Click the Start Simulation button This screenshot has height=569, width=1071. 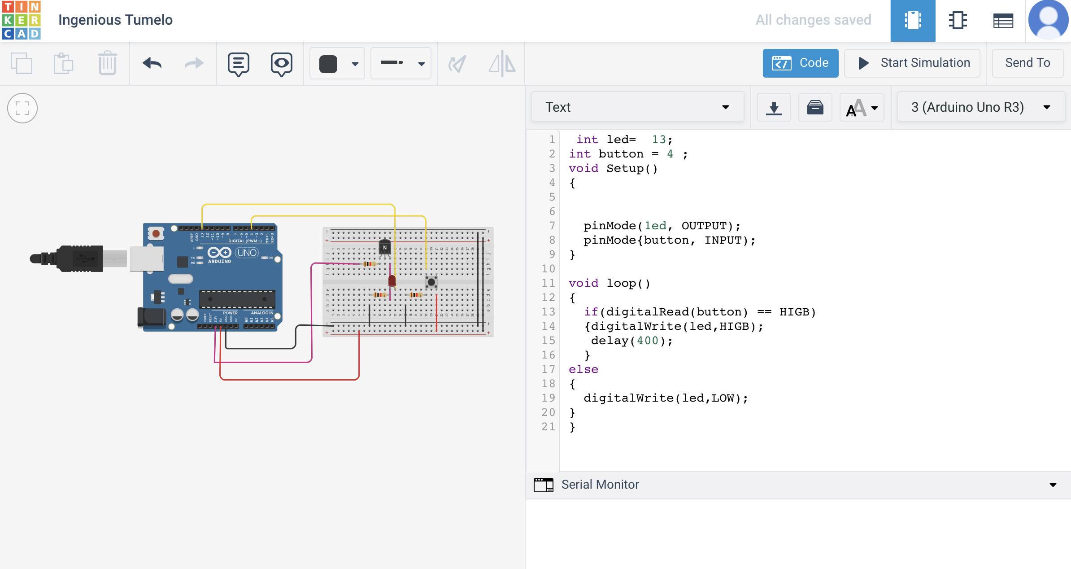(x=912, y=63)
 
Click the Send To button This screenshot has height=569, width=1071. (x=1027, y=63)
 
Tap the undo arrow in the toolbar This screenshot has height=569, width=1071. (x=152, y=63)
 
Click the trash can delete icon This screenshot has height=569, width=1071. (x=107, y=63)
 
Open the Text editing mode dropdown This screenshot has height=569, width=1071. (x=637, y=107)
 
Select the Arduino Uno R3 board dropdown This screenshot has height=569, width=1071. (x=980, y=107)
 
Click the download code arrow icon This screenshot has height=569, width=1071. (x=774, y=108)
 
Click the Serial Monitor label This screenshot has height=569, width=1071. (x=600, y=485)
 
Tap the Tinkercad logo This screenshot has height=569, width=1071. (x=21, y=20)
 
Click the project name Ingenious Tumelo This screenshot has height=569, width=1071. (x=115, y=20)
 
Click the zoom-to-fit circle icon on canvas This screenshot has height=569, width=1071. (x=22, y=108)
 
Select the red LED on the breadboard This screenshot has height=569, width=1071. (x=392, y=281)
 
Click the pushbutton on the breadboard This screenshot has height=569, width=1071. (x=431, y=282)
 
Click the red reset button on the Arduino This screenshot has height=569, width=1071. (x=156, y=233)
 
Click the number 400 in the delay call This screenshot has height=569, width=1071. (x=648, y=341)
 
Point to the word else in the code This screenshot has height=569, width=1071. (x=583, y=369)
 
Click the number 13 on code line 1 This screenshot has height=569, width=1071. (x=658, y=140)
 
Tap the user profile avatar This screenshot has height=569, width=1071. (x=1048, y=20)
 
